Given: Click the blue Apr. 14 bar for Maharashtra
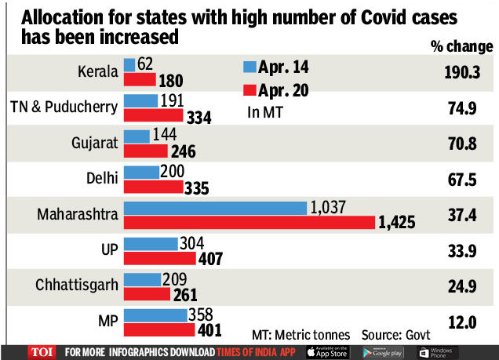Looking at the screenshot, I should point(215,208).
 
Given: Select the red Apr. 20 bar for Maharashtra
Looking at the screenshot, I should point(249,223).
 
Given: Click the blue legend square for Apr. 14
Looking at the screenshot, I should point(250,66).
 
